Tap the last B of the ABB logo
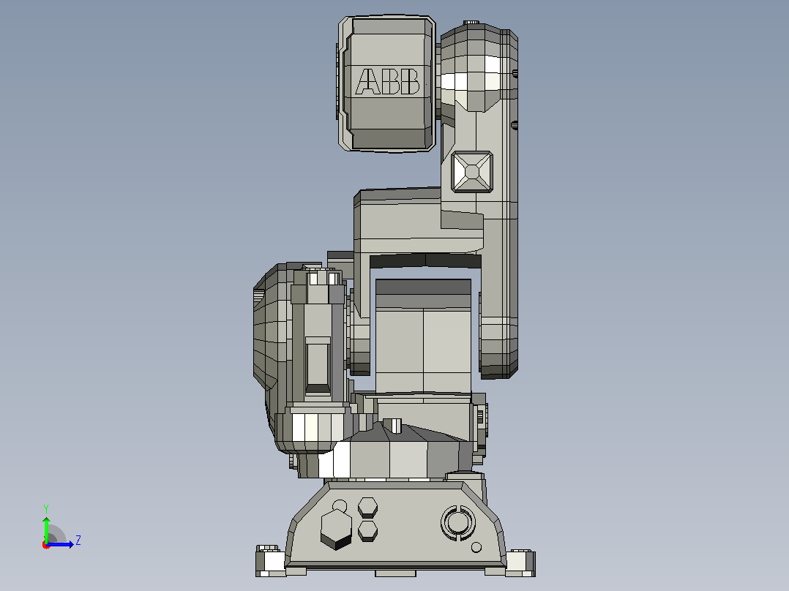click(x=410, y=81)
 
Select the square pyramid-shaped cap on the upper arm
click(x=472, y=171)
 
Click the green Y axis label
click(x=46, y=508)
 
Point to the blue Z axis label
click(x=78, y=541)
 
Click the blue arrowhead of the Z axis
click(x=71, y=544)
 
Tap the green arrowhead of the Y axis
click(x=46, y=521)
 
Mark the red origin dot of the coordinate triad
click(x=46, y=545)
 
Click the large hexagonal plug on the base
click(x=336, y=529)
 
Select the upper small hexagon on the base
click(x=368, y=508)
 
